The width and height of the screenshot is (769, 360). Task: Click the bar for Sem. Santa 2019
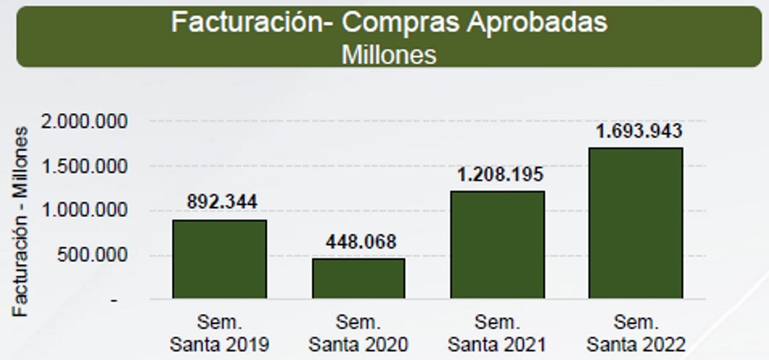point(219,259)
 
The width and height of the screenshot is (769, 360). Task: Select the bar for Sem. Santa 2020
point(358,278)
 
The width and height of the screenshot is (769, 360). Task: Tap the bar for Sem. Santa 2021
point(497,245)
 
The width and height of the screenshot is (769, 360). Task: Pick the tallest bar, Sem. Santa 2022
point(636,223)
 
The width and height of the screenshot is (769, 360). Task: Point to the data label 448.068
point(360,242)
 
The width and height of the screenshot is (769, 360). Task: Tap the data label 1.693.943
point(639,131)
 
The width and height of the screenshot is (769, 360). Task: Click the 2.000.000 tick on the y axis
point(84,122)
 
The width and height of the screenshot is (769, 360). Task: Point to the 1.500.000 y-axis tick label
point(84,166)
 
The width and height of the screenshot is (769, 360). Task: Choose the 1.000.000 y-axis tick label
point(84,211)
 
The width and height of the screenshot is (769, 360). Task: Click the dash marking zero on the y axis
point(114,299)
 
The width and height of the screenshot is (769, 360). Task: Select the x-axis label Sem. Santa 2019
point(219,334)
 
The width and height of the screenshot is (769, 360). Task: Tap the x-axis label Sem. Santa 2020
point(358,334)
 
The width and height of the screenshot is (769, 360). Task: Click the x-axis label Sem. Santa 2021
point(497,334)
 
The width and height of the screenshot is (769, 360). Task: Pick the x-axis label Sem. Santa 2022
point(636,334)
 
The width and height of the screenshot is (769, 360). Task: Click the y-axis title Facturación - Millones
point(21,221)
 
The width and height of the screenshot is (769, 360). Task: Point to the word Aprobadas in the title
point(537,23)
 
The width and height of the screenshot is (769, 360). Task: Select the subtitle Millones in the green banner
point(389,54)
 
